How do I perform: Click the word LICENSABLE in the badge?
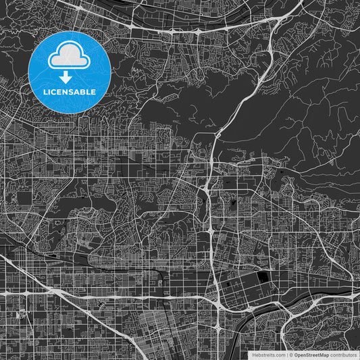(70, 91)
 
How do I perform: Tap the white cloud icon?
(70, 57)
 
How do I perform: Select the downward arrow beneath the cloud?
(70, 76)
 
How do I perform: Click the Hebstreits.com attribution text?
(269, 355)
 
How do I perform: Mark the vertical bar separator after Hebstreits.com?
(286, 355)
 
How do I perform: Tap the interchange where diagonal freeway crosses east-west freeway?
(224, 305)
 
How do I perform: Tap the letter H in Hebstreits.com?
(253, 355)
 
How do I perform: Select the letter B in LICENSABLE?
(84, 91)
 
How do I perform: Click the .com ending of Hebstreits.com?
(280, 355)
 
